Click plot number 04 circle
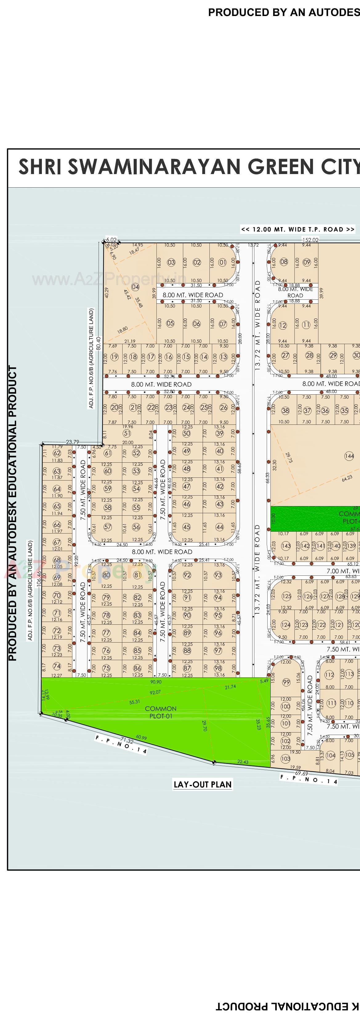(x=135, y=287)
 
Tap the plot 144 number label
(x=349, y=456)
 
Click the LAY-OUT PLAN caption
(x=203, y=784)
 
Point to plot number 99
(x=286, y=682)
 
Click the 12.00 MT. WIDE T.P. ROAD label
(x=297, y=229)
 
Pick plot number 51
(x=127, y=433)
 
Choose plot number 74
(x=57, y=666)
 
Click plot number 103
(x=285, y=758)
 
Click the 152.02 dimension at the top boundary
(x=310, y=240)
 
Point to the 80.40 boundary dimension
(x=99, y=342)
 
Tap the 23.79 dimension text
(x=72, y=442)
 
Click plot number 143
(x=285, y=546)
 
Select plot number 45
(x=186, y=527)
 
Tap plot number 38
(x=285, y=411)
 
